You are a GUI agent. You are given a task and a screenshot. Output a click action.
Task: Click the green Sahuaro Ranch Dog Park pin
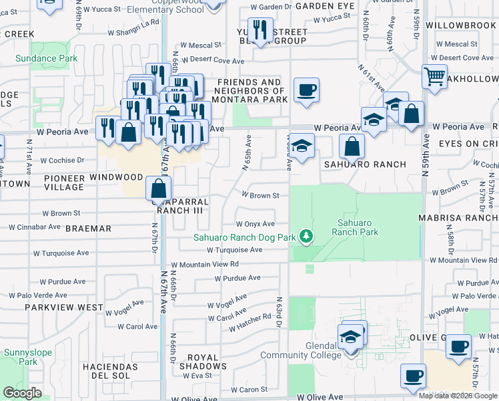(x=306, y=237)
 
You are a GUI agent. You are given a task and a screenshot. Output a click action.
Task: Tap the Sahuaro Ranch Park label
(x=358, y=227)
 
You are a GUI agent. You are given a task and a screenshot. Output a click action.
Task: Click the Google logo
(x=22, y=393)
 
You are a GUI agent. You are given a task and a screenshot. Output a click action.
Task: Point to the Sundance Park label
(x=47, y=59)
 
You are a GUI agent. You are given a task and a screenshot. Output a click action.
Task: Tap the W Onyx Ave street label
(x=256, y=225)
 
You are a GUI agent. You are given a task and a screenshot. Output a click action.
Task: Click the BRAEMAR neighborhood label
(x=89, y=229)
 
